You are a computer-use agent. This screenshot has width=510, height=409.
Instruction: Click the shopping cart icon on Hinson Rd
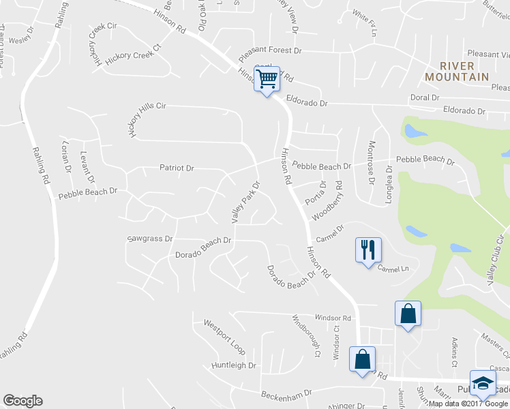pyautogui.click(x=267, y=79)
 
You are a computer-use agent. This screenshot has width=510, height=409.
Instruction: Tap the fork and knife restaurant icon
pyautogui.click(x=368, y=249)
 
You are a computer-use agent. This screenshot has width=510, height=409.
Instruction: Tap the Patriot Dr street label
pyautogui.click(x=177, y=168)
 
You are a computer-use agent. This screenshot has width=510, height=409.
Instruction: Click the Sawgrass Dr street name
pyautogui.click(x=150, y=239)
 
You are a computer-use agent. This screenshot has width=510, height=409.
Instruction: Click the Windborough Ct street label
pyautogui.click(x=306, y=336)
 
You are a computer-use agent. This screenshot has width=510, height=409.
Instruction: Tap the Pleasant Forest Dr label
pyautogui.click(x=269, y=51)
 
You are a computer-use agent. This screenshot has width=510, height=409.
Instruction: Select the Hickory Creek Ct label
pyautogui.click(x=136, y=55)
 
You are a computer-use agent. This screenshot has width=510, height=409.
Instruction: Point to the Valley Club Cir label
pyautogui.click(x=495, y=256)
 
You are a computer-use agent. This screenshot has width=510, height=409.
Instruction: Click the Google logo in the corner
pyautogui.click(x=22, y=401)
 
